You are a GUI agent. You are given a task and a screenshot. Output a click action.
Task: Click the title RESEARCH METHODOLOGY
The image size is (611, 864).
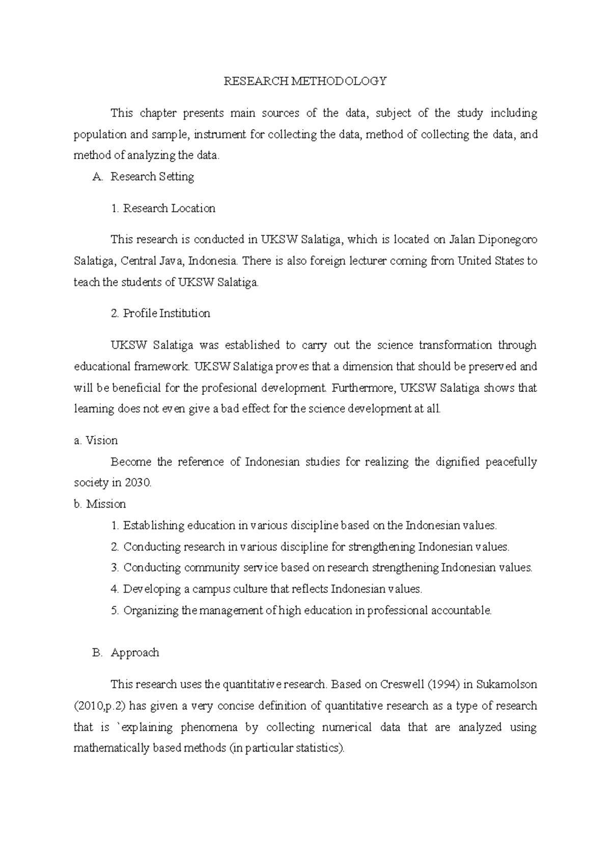[305, 81]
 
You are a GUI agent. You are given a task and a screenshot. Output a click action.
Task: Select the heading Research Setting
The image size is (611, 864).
[152, 177]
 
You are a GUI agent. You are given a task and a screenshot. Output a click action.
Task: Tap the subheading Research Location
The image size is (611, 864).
[169, 208]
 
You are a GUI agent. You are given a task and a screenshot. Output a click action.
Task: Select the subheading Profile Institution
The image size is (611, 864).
[166, 313]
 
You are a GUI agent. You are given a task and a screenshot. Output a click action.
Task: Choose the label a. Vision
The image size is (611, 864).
[96, 440]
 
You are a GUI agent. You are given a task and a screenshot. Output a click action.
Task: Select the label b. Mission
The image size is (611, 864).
[100, 504]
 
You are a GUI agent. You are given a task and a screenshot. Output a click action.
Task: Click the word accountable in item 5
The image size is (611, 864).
[461, 610]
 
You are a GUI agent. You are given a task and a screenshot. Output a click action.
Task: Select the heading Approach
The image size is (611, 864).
[135, 652]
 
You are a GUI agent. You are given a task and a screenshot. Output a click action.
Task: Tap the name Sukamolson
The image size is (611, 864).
[507, 684]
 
